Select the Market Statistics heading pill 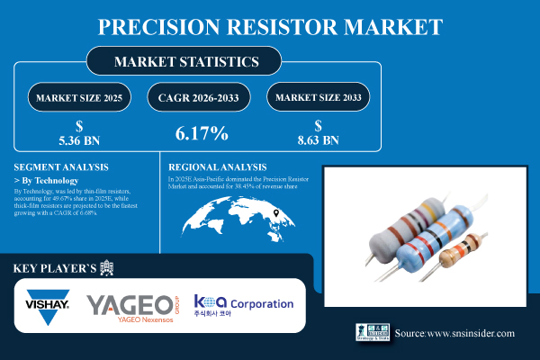click(184, 62)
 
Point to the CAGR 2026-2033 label click(201, 97)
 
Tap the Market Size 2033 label click(319, 97)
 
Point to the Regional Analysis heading click(218, 167)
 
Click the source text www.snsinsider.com click(454, 333)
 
